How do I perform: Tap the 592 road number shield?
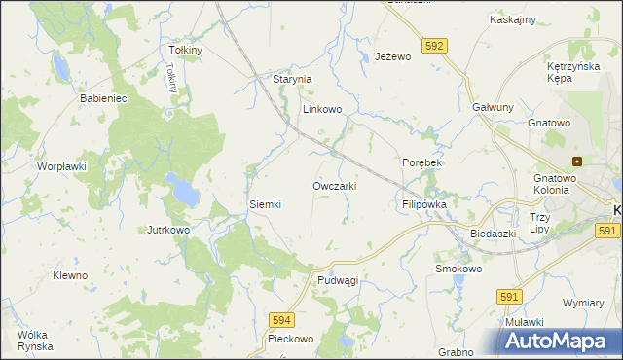435,45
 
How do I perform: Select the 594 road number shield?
281,318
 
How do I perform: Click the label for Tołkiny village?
185,50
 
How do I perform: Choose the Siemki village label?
265,204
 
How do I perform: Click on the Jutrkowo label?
167,230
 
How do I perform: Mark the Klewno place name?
70,275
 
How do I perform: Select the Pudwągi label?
338,280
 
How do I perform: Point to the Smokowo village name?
458,269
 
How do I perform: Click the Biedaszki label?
492,234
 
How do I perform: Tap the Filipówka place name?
423,205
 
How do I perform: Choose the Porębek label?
422,162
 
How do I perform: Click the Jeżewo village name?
394,57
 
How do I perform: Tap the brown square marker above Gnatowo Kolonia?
577,162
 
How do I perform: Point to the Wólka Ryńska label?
34,341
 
